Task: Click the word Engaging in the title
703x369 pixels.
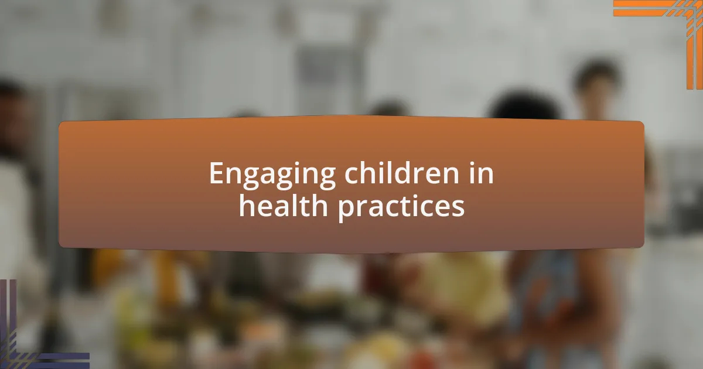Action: point(272,175)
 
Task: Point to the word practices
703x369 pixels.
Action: point(401,207)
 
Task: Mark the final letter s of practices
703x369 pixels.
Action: point(459,209)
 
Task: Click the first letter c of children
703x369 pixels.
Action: point(351,175)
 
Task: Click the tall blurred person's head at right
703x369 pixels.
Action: point(595,82)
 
